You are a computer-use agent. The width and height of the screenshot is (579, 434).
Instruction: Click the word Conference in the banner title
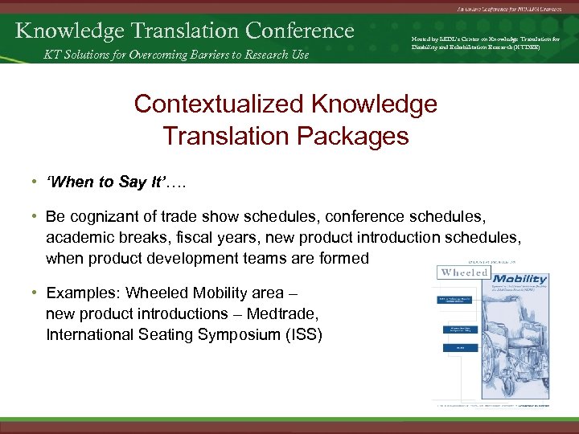click(300, 31)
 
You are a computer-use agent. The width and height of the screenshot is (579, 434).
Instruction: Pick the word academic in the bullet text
click(77, 238)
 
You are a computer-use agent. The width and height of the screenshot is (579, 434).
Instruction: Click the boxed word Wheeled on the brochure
click(464, 272)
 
